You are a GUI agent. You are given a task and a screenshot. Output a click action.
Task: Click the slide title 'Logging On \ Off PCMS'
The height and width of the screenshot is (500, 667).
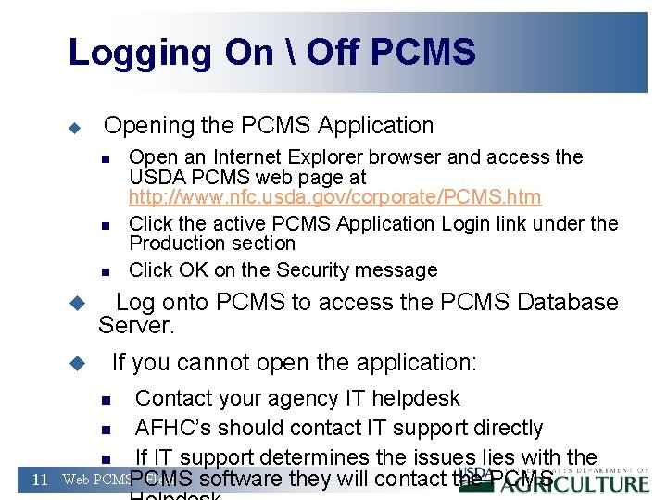point(271,52)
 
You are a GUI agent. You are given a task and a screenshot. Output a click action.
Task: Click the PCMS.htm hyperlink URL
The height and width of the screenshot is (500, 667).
point(334,197)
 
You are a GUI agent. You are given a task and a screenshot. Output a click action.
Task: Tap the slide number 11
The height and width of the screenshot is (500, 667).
point(40,480)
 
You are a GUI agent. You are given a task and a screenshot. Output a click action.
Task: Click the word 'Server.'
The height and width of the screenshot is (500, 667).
point(136,326)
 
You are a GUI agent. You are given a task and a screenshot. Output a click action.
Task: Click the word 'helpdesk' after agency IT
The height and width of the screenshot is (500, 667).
point(415,398)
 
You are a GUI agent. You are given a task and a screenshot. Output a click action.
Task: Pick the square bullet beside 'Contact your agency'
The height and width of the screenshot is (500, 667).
point(106,400)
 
